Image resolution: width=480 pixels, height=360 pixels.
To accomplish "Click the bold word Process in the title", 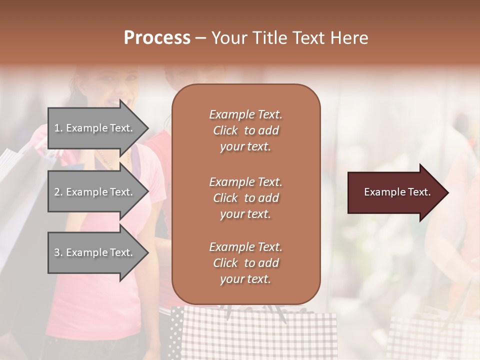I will (157, 38).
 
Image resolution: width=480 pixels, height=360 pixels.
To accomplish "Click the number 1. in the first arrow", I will (58, 128).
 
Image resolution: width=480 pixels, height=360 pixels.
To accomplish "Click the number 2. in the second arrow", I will (58, 192).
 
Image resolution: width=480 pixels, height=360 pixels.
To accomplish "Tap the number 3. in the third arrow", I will (58, 252).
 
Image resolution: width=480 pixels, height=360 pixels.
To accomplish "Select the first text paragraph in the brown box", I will (245, 130).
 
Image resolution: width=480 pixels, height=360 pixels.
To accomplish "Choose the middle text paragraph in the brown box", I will (245, 197).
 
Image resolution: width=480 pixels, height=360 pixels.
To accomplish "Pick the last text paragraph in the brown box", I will (245, 263).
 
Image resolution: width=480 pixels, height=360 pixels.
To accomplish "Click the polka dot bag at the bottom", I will (176, 332).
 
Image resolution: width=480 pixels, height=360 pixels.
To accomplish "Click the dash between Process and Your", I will (201, 38).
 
